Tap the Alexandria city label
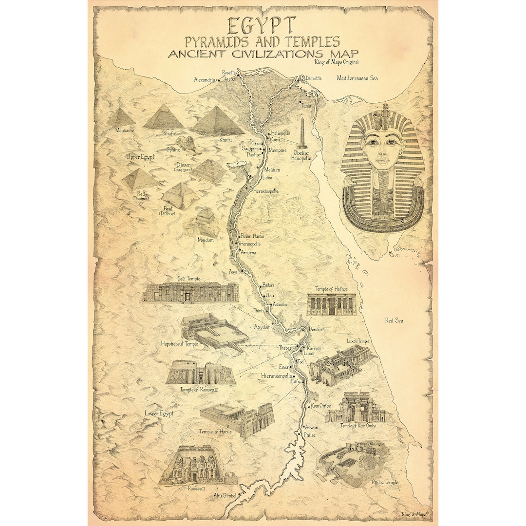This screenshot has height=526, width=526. pyautogui.click(x=205, y=79)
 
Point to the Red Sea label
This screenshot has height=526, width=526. pyautogui.click(x=394, y=320)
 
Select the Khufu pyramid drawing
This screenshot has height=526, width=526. pyautogui.click(x=218, y=122)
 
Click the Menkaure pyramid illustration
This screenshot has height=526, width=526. pyautogui.click(x=121, y=118)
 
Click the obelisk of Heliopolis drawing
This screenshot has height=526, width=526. pyautogui.click(x=303, y=134)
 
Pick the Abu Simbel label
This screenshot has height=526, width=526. pyautogui.click(x=225, y=496)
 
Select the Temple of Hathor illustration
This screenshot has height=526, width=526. pyautogui.click(x=331, y=304)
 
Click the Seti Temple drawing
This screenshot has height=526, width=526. pyautogui.click(x=190, y=292)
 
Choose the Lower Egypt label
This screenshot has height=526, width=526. pyautogui.click(x=159, y=413)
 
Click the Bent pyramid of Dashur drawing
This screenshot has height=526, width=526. pyautogui.click(x=179, y=196)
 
